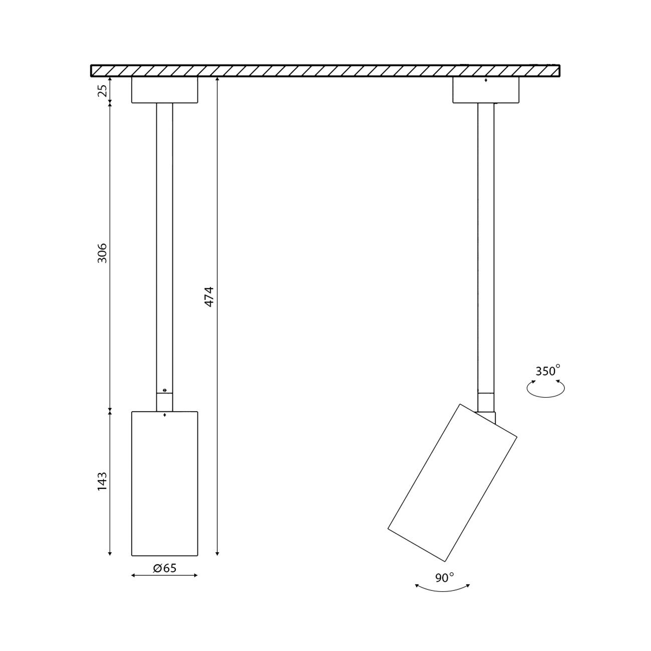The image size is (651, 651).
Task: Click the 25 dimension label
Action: coord(102,91)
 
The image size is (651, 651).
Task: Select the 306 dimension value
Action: coord(102,253)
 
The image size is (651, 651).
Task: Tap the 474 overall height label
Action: coord(210,296)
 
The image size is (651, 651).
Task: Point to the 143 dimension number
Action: coord(102,481)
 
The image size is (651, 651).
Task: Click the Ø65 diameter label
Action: coord(165,568)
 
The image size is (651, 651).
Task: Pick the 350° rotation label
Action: coord(547,371)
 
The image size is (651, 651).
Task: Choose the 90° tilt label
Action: coord(444,578)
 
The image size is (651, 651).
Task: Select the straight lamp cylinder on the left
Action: coord(165,483)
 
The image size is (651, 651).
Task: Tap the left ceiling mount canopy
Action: coord(165,90)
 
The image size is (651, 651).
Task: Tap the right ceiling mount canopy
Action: coord(486,91)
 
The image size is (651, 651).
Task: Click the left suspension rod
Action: coord(165,245)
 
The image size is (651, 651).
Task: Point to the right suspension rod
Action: coord(486,245)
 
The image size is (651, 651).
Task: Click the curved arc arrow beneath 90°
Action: coord(443,589)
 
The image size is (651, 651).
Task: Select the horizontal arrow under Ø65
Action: coord(164,575)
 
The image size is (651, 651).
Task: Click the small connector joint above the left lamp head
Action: coord(165,402)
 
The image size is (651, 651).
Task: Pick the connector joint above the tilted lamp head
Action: coord(486,403)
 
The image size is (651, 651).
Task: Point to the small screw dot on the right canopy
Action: coord(486,81)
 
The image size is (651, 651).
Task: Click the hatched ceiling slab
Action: coord(325,71)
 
